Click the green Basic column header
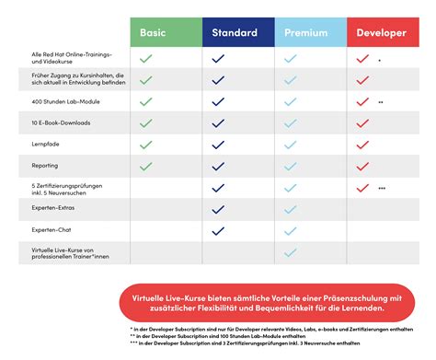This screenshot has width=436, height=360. point(166,34)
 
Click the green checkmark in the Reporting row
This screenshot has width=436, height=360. point(144,167)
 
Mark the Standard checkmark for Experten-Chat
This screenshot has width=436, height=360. point(218,230)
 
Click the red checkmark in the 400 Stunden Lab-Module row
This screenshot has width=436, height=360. point(362,101)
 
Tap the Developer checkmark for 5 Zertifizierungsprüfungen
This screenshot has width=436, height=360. point(362,188)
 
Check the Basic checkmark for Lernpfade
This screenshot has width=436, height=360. point(144,145)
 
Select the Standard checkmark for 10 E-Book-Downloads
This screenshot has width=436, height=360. point(218,123)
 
